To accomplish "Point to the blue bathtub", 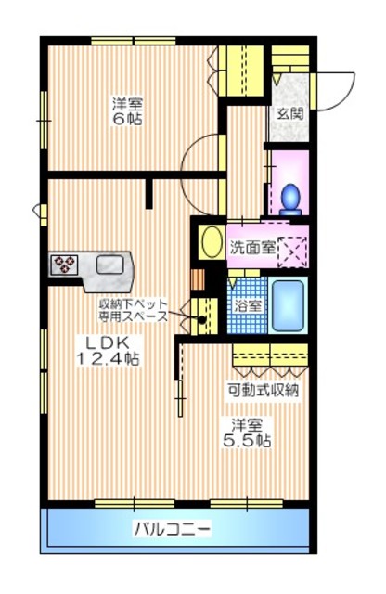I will tap(289, 305).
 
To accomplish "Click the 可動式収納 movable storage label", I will tap(264, 390).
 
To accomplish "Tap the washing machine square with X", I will tap(291, 250).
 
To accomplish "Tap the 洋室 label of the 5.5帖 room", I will tap(247, 426).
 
